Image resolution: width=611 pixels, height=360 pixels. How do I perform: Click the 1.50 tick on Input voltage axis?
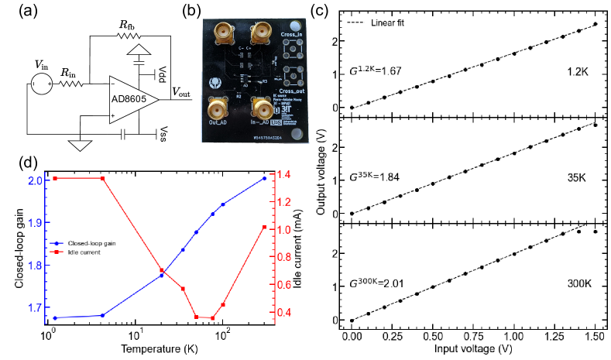pyautogui.click(x=594, y=338)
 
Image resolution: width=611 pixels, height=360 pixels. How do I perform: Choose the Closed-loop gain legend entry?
pyautogui.click(x=93, y=243)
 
